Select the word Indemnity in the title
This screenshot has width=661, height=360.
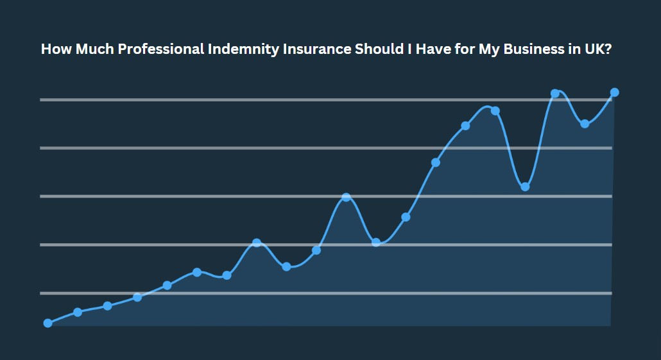[x=239, y=49]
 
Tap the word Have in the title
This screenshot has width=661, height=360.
[x=434, y=49]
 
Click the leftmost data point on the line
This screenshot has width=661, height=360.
[x=47, y=323]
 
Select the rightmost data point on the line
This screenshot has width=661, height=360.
[x=614, y=92]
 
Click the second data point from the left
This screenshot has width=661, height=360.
[x=78, y=312]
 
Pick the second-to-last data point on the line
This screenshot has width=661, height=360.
[x=585, y=124]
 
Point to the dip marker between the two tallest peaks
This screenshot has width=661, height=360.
[x=525, y=187]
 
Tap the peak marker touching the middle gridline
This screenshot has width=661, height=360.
[x=346, y=197]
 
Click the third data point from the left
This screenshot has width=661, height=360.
[x=107, y=305]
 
